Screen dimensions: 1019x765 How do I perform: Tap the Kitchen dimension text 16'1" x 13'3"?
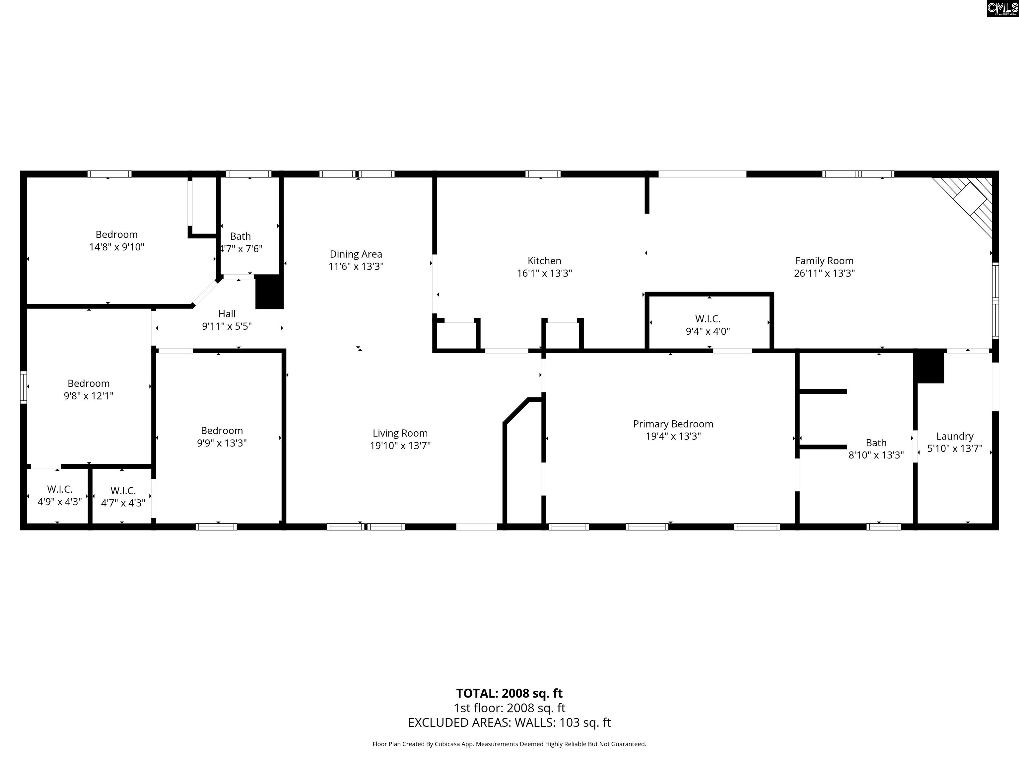coord(545,273)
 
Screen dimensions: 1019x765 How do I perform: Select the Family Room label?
coord(824,261)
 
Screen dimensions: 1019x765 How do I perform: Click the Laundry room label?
coord(955,436)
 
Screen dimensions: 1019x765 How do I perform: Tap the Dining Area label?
coord(356,254)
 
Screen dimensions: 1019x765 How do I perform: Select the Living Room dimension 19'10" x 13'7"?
coord(400,446)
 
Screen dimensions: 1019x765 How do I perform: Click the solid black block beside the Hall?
coord(269,292)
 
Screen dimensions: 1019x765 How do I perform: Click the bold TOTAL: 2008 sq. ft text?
coord(509,693)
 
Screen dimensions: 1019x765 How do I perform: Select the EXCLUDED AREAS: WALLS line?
coord(509,722)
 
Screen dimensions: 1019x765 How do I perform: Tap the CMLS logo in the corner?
coord(1003,8)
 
